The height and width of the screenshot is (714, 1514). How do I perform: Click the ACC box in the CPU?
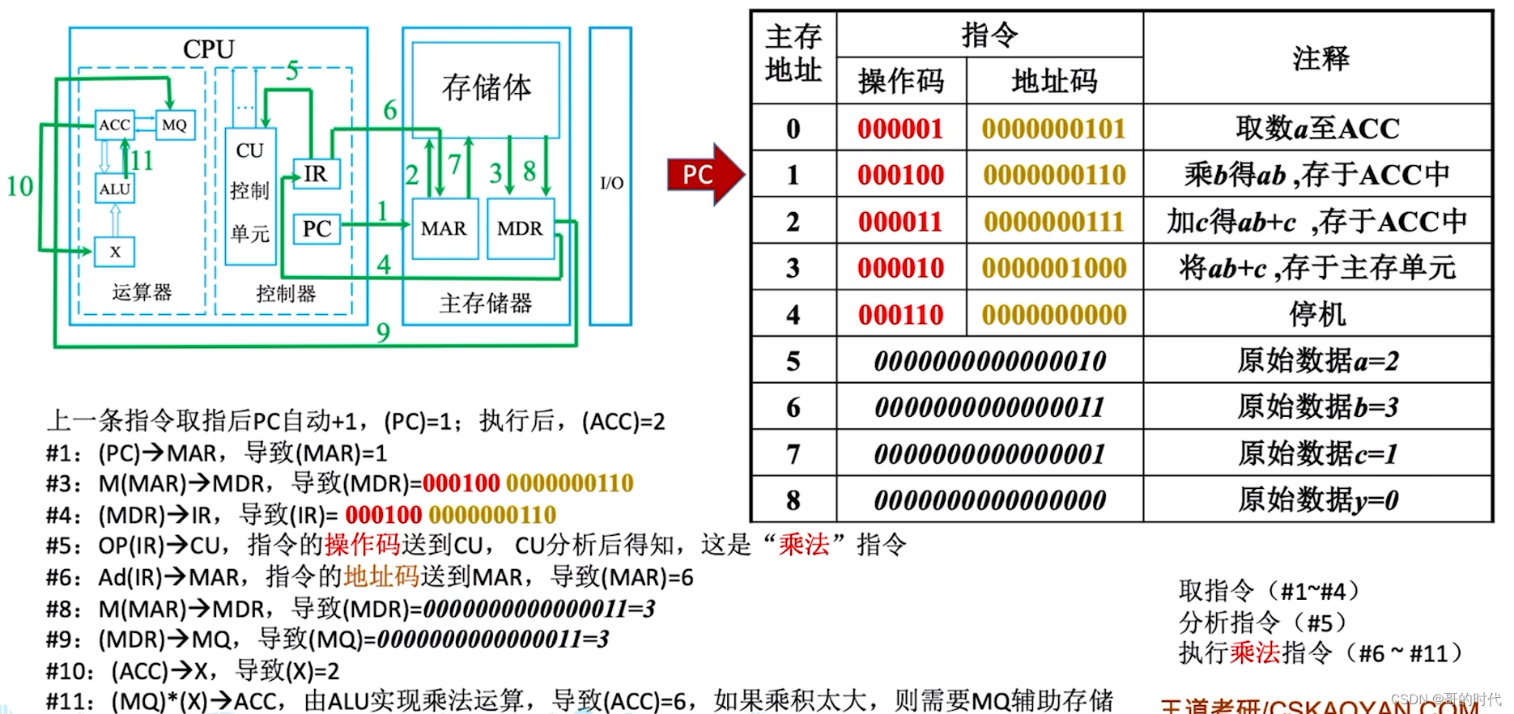114,125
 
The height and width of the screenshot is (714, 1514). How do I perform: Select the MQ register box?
174,125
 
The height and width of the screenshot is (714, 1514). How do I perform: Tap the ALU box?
114,189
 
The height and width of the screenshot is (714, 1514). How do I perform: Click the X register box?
115,252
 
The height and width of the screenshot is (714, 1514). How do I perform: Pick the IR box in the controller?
316,174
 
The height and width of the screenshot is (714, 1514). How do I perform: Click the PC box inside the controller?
317,229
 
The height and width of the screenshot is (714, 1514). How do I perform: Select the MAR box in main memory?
444,229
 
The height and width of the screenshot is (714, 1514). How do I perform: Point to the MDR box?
520,229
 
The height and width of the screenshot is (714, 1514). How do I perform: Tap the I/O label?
611,183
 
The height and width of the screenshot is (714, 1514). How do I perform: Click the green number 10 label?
19,187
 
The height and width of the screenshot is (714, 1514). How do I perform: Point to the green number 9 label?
383,332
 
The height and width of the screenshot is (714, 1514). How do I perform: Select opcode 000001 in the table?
900,129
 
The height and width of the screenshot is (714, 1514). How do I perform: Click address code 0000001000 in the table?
1054,268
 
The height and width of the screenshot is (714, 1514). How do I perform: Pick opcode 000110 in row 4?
900,315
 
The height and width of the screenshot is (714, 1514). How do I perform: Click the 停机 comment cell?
1317,315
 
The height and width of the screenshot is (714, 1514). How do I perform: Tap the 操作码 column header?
900,81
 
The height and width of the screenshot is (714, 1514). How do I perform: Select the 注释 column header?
1320,58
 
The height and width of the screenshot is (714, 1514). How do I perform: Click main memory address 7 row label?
793,454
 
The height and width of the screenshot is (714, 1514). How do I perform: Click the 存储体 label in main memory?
486,87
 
